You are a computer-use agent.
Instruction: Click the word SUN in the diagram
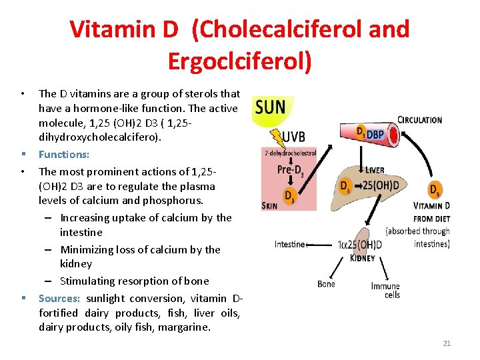tap(270, 107)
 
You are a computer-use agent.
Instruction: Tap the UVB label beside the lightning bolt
tap(293, 137)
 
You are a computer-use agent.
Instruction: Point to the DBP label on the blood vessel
tap(375, 134)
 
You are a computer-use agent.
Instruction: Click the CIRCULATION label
tap(419, 120)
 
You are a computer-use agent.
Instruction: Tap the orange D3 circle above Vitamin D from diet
tap(435, 190)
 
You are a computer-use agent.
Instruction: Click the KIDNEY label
tap(362, 258)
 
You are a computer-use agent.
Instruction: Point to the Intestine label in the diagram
tap(289, 244)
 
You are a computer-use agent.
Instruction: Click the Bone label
tap(326, 284)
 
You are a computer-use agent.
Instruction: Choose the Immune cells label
tap(385, 290)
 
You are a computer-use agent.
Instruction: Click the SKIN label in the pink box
tap(269, 206)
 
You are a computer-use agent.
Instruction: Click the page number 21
tap(447, 343)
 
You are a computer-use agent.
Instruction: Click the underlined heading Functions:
tap(64, 154)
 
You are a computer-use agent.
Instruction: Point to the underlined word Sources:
tap(59, 298)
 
